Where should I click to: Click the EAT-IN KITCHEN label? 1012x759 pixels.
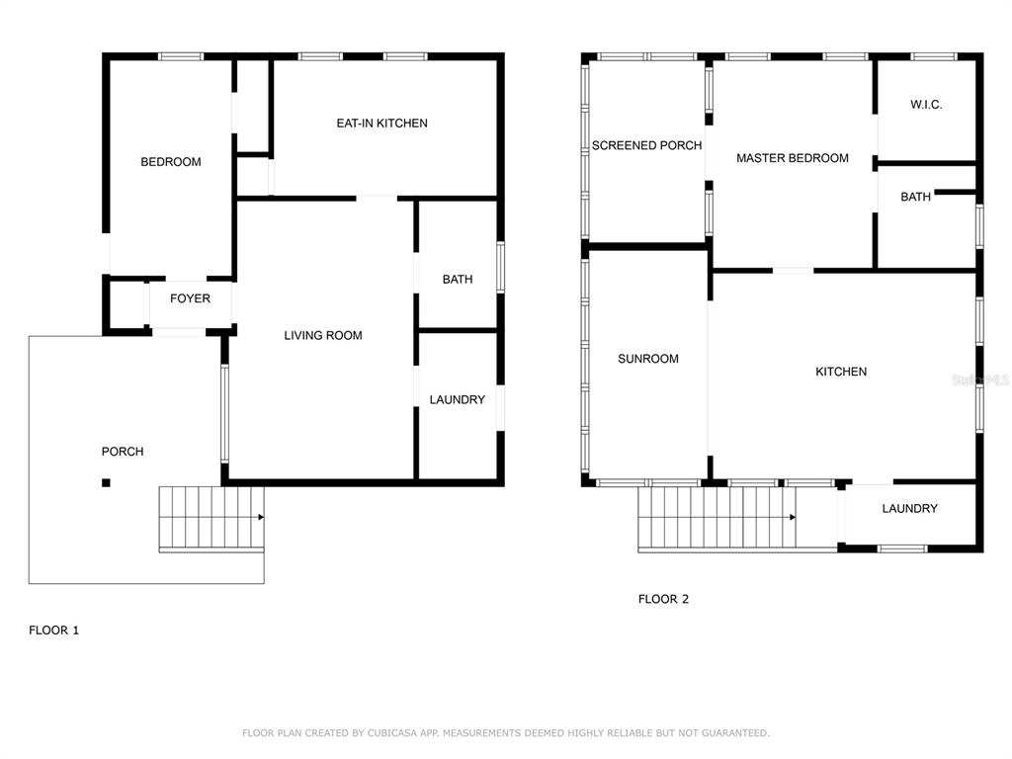(382, 124)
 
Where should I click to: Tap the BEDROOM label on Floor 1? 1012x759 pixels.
(171, 162)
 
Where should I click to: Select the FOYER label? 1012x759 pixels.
(191, 298)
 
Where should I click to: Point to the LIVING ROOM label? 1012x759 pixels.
(323, 336)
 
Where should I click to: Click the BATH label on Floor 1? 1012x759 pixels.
(458, 280)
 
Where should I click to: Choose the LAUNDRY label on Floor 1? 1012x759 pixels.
(458, 400)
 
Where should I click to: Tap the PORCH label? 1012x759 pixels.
(123, 452)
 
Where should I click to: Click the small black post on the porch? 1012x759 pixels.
(106, 482)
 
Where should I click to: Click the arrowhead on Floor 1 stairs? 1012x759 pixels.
(261, 517)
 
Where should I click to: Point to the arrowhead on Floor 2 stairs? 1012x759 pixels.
(793, 517)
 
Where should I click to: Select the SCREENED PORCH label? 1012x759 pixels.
(646, 146)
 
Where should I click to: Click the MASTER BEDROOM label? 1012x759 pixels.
(793, 158)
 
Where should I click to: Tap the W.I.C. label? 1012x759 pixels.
(926, 105)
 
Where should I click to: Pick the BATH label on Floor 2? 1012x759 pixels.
(916, 197)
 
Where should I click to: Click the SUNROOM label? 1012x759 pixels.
(648, 359)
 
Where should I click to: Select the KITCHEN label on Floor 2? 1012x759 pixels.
(841, 372)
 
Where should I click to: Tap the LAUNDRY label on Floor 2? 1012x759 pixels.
(910, 509)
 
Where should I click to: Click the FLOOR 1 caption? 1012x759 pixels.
(54, 631)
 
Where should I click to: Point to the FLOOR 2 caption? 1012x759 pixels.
(663, 599)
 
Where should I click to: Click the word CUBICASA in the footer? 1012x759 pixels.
(391, 733)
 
